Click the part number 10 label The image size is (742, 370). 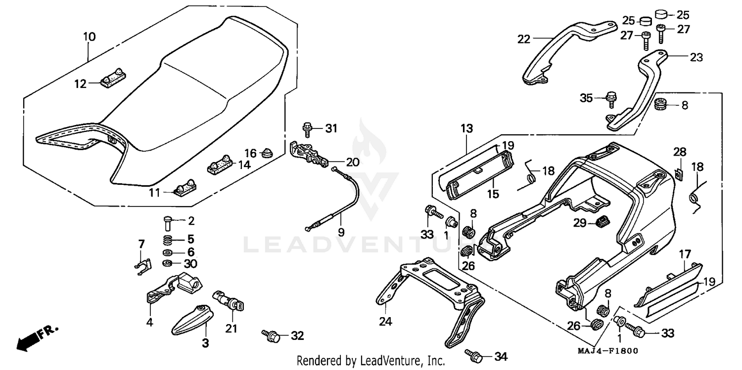coord(90,37)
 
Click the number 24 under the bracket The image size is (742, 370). coord(385,322)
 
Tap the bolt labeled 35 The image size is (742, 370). coord(611,98)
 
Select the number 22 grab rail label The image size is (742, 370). coord(524,39)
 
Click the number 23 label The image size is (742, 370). coord(696,57)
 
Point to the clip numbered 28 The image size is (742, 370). coord(679,173)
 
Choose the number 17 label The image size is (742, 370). coord(685,254)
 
